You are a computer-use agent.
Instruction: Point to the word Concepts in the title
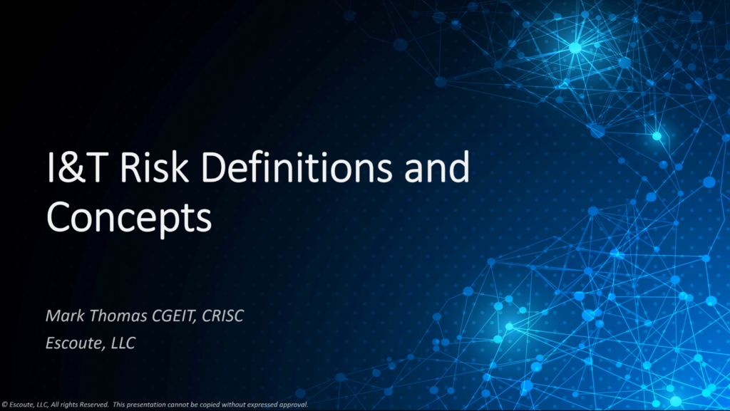pyautogui.click(x=129, y=217)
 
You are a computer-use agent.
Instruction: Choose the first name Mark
pyautogui.click(x=65, y=316)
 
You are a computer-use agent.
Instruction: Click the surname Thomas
pyautogui.click(x=118, y=316)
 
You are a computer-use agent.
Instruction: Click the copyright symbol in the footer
pyautogui.click(x=4, y=405)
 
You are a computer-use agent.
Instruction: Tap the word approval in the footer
pyautogui.click(x=293, y=405)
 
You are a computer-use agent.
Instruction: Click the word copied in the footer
pyautogui.click(x=210, y=405)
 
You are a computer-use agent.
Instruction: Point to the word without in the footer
pyautogui.click(x=234, y=405)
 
